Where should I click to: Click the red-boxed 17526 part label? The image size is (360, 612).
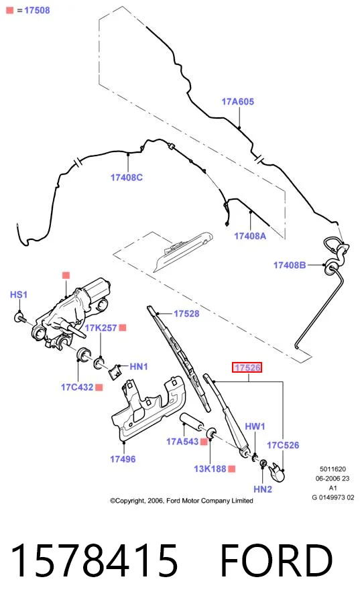(x=247, y=367)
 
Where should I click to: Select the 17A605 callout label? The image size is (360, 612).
(x=238, y=102)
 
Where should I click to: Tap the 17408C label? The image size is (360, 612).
(x=127, y=178)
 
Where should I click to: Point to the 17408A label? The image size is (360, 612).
(x=250, y=236)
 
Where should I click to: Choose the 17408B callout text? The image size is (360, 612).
(x=290, y=265)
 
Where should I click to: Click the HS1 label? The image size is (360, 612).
(x=19, y=294)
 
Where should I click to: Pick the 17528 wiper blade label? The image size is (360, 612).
(x=186, y=314)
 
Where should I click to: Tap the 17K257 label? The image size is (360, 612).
(x=101, y=328)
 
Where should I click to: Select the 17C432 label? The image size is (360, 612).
(x=77, y=387)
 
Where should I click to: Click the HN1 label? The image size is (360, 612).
(x=139, y=367)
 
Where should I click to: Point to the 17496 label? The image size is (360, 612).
(x=123, y=459)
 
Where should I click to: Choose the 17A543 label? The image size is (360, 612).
(x=182, y=442)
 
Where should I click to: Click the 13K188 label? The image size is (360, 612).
(x=210, y=469)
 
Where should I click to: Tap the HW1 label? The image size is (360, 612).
(x=255, y=426)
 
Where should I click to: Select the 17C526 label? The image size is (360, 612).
(x=283, y=445)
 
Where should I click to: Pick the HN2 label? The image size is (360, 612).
(x=263, y=489)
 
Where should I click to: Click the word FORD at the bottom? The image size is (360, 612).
(x=277, y=560)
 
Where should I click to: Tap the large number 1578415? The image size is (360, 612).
(x=95, y=560)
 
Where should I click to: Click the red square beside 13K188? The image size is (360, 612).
(x=231, y=469)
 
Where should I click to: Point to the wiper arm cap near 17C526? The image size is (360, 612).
(x=278, y=471)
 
